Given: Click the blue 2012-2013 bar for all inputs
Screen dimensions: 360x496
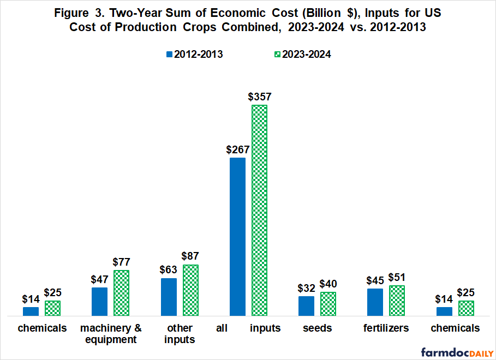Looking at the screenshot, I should [x=237, y=237].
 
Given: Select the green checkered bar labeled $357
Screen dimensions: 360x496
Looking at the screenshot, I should [x=259, y=210].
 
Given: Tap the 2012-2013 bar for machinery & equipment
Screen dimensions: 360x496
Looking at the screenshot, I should [x=99, y=302].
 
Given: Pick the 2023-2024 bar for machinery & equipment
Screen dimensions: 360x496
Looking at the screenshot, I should [x=121, y=293].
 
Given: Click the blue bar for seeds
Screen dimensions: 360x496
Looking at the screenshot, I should [x=306, y=306].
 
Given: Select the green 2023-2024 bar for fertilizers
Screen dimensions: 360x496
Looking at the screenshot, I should [x=397, y=301].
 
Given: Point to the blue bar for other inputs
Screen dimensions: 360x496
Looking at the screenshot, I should [x=169, y=297].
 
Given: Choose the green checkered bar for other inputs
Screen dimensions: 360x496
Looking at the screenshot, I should [x=190, y=290].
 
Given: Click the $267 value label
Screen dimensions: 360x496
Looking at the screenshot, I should [x=237, y=149].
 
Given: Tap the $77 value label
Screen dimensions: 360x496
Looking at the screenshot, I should [x=121, y=262].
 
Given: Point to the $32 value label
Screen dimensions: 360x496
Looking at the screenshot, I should [x=306, y=288].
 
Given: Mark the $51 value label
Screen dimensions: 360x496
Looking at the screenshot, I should [x=397, y=277].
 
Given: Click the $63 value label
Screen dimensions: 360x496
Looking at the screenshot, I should [x=169, y=270].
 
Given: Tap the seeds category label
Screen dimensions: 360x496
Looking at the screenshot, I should [x=318, y=328].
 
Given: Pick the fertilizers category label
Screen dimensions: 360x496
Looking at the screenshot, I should [x=386, y=328].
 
